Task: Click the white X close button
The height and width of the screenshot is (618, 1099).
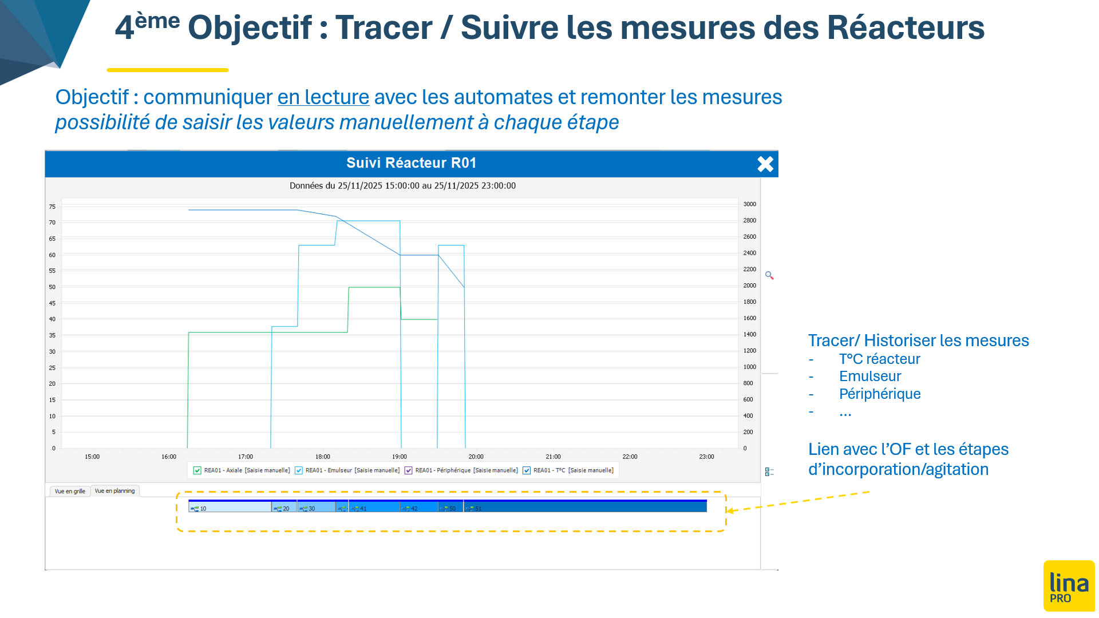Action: [765, 164]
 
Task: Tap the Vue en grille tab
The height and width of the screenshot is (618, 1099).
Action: [70, 491]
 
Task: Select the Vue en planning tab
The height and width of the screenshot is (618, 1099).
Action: [114, 490]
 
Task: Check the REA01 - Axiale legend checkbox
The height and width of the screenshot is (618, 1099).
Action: [197, 470]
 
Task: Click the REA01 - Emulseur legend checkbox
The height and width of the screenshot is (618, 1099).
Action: [299, 470]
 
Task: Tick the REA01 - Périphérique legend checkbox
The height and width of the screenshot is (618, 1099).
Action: [409, 470]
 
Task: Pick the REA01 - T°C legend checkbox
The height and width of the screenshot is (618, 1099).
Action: [527, 470]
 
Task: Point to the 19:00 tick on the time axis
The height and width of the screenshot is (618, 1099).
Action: [400, 457]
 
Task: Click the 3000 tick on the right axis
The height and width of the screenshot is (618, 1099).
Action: [750, 204]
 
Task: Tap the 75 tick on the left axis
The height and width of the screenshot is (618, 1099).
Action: [53, 207]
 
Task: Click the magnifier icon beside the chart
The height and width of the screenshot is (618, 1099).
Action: [769, 276]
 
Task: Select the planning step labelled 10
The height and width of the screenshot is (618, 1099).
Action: [230, 507]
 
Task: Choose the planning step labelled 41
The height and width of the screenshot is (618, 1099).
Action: [374, 507]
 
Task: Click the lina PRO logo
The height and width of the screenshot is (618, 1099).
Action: [1069, 586]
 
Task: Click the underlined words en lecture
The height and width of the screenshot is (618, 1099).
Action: [323, 97]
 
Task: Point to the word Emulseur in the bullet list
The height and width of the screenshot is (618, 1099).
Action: [870, 376]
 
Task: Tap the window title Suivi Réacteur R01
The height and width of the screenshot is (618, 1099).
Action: [412, 163]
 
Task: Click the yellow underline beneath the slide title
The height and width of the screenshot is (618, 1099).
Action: [168, 70]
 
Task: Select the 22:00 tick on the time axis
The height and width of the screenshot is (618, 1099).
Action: [630, 457]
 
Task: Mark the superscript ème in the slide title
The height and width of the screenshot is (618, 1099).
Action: [157, 21]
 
